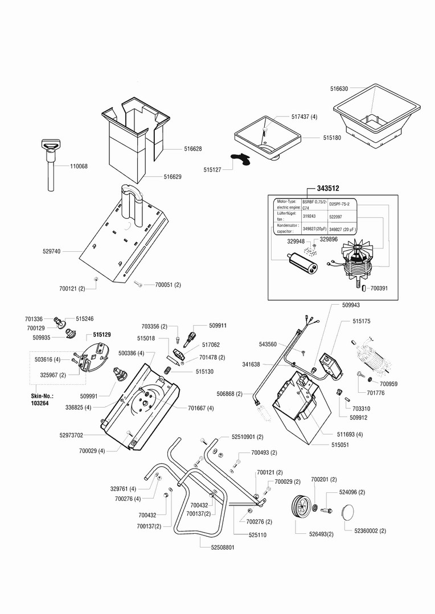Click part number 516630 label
point(339,89)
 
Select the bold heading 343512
point(328,188)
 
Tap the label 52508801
point(219,547)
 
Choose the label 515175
point(361,321)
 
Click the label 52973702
point(71,435)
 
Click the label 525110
point(257,535)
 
